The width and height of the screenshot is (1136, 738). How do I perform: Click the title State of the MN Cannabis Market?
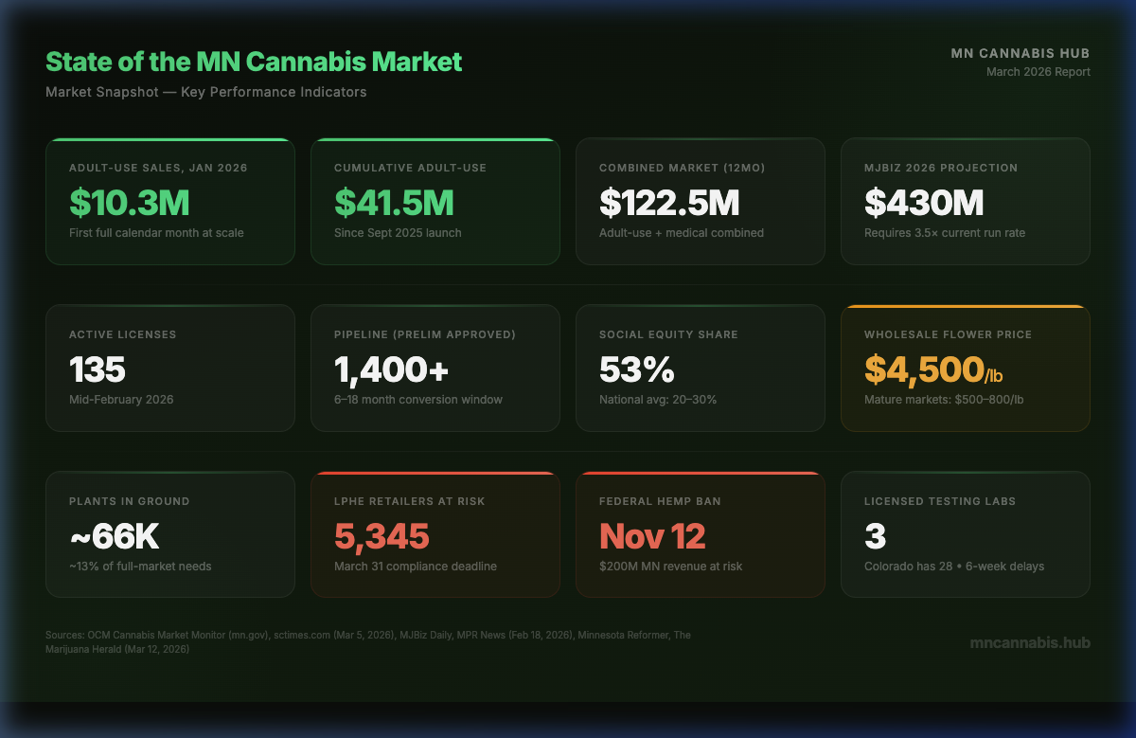254,63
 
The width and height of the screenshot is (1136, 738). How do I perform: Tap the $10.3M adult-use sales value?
130,202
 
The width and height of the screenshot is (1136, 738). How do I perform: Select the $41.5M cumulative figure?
394,202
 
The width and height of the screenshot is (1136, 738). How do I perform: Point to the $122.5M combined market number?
669,202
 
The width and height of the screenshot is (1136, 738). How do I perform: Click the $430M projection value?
924,202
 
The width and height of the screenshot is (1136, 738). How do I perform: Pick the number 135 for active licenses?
98,369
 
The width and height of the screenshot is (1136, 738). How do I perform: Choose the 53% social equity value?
636,369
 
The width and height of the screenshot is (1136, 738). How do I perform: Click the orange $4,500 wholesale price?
924,369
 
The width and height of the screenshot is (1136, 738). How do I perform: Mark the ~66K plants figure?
115,536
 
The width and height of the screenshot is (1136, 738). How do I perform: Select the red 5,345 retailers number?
382,536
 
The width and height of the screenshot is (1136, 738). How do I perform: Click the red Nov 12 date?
652,536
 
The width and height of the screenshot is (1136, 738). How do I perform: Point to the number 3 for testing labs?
875,536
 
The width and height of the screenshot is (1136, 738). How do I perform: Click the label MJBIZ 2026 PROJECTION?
940,168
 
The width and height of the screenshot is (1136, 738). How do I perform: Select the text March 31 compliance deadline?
415,567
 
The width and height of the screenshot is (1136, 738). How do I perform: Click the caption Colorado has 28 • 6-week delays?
953,567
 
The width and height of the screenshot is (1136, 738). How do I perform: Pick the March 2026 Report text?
1038,72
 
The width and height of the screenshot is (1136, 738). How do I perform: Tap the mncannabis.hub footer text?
1030,642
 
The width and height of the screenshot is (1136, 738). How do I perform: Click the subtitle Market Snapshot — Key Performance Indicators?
205,92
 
